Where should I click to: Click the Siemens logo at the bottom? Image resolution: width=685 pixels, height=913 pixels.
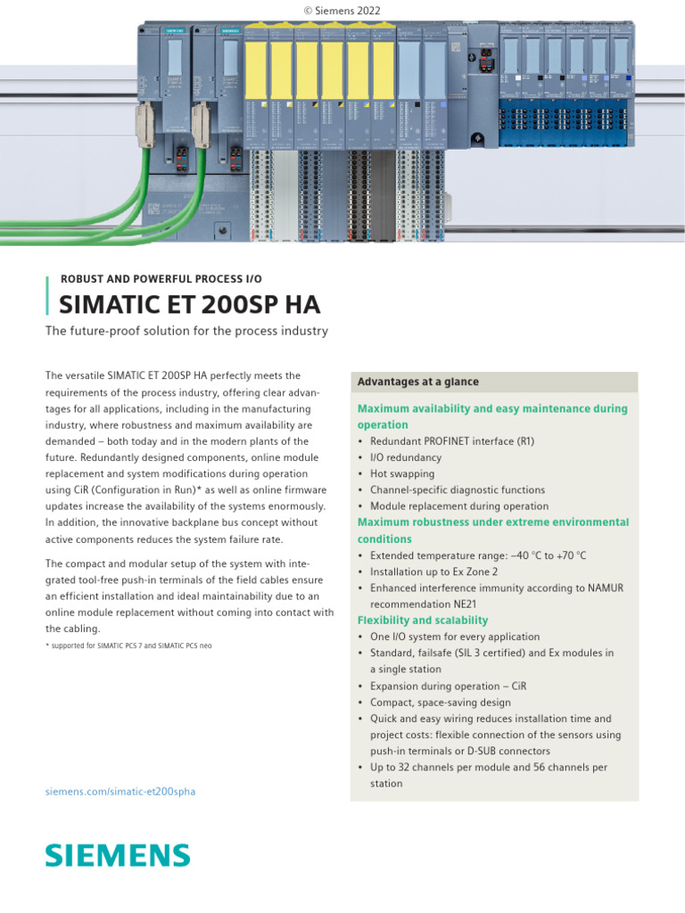118,856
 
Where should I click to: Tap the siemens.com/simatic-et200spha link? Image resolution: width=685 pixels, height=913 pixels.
120,791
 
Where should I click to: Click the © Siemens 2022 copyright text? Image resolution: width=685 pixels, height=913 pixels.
342,9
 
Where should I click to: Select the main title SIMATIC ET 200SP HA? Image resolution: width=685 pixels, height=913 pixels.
189,306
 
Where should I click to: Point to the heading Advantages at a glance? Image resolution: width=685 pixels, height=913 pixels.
417,382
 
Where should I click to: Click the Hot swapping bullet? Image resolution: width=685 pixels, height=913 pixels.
402,473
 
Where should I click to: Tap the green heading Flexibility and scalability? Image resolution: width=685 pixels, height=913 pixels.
423,620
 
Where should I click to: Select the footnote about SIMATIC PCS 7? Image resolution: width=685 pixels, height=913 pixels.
128,645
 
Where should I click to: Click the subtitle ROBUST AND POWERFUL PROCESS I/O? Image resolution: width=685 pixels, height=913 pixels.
161,279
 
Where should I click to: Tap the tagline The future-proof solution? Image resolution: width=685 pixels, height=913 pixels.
186,332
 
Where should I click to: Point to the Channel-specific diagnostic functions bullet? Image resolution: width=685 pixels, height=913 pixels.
458,489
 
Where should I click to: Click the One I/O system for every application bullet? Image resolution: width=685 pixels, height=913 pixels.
455,637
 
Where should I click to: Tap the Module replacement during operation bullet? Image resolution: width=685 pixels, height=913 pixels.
459,506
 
